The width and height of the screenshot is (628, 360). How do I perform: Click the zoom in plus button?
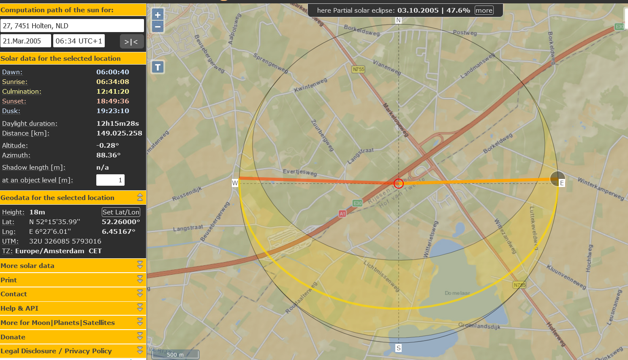pos(158,15)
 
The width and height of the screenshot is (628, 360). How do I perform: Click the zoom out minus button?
pos(158,27)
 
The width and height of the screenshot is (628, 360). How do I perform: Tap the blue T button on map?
pos(158,67)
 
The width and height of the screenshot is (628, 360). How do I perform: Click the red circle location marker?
pos(398,183)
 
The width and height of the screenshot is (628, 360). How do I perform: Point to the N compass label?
pos(398,20)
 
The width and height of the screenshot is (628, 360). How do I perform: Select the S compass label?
pos(398,348)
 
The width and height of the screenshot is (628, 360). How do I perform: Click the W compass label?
pos(235,183)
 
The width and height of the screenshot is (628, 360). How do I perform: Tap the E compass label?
pos(562,183)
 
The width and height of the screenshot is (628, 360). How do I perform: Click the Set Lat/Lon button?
pos(121,212)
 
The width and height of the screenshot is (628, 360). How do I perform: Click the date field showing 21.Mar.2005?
pos(25,41)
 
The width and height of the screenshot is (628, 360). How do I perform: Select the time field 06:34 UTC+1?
pos(79,41)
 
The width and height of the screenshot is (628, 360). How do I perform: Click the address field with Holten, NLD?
pos(72,26)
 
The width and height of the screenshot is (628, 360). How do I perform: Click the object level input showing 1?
pos(110,180)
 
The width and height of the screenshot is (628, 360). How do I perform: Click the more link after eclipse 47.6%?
pos(484,11)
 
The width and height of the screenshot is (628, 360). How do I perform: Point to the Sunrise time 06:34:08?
pos(113,82)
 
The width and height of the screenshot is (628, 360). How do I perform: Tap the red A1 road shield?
pos(342,214)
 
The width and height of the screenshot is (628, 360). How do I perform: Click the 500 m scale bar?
pos(175,355)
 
